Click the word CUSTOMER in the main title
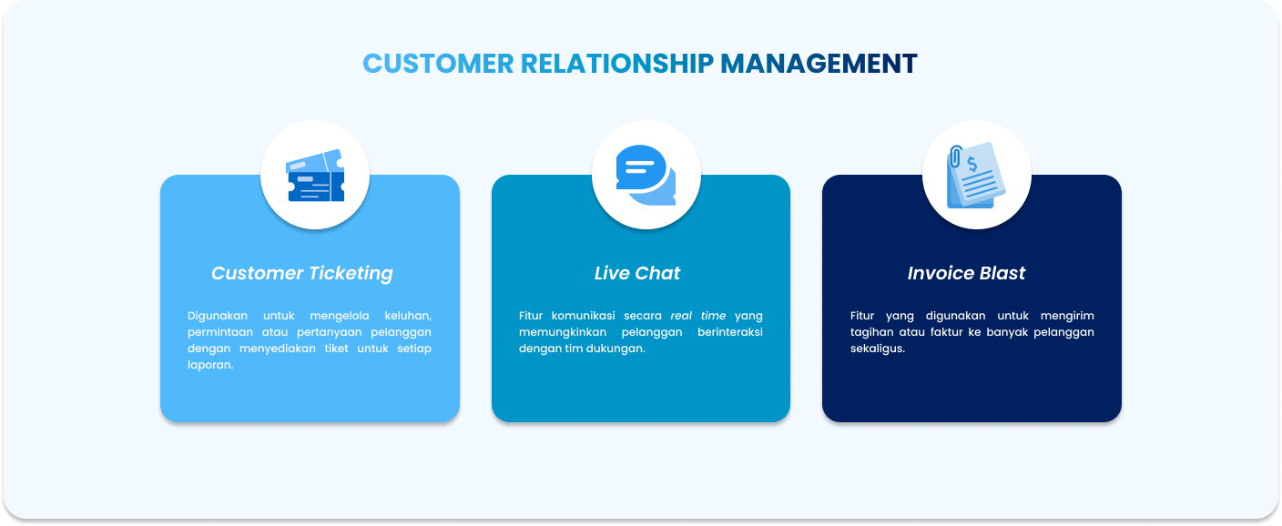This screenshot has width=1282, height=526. pos(438,64)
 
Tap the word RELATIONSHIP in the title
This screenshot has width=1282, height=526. pos(616,64)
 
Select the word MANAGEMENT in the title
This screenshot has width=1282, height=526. pos(819,64)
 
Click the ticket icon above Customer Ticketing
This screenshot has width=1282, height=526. pos(315,176)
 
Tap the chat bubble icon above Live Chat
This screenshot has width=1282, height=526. pos(646,175)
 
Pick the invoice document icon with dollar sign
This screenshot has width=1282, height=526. pos(976,176)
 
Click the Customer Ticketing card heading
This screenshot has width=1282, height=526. pos(301,273)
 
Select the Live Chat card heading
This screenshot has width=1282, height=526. pos(637,273)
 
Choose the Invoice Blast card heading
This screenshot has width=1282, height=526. pos(966,273)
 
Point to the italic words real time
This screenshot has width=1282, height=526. pos(698,316)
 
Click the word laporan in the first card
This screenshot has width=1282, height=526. pos(210,365)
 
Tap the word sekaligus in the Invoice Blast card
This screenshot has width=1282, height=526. pos(877,349)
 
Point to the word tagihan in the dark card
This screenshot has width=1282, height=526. pos(873,332)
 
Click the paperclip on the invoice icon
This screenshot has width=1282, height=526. pos(955,157)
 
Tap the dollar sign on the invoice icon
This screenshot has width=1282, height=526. pos(972,165)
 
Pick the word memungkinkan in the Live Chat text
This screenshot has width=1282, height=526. pos(562,332)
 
